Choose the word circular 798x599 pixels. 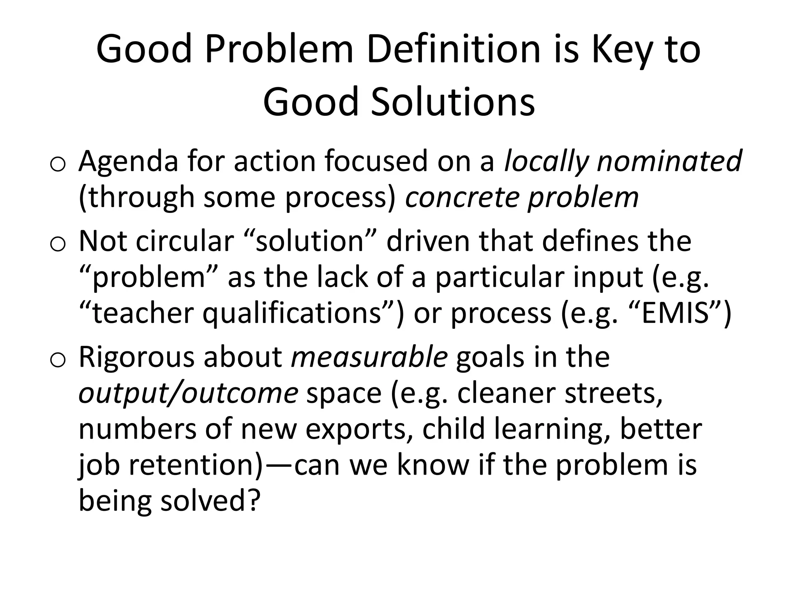[185, 241]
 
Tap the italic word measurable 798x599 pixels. [369, 357]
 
